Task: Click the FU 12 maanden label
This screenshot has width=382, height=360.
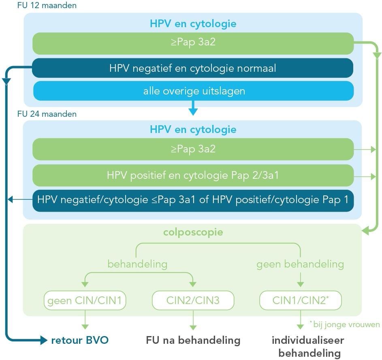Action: (47, 6)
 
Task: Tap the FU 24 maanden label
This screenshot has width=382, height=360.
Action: (47, 114)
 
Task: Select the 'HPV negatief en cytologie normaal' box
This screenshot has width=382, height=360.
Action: (193, 68)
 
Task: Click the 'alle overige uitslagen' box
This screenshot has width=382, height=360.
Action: (194, 91)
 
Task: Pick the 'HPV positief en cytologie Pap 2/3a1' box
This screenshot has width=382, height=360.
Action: (193, 176)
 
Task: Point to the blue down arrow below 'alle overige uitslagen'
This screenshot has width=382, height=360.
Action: (193, 108)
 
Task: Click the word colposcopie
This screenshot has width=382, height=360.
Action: (193, 233)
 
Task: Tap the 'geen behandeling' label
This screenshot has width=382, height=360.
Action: (300, 264)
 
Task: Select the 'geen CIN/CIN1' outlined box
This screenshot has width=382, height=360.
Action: (85, 301)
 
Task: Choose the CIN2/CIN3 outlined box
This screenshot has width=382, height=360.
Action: (193, 301)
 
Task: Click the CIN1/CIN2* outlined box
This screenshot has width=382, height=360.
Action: (300, 301)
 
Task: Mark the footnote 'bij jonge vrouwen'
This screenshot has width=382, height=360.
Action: (345, 324)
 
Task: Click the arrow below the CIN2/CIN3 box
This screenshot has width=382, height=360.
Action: (193, 321)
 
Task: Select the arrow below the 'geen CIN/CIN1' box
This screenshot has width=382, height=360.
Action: (85, 321)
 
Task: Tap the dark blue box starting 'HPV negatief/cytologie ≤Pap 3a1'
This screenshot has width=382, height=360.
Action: (193, 200)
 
